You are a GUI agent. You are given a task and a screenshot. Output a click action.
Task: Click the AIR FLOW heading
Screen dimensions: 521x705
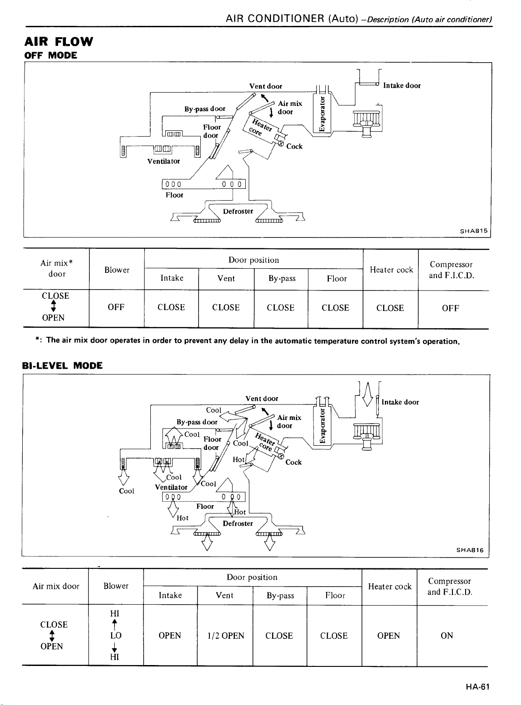click(x=59, y=41)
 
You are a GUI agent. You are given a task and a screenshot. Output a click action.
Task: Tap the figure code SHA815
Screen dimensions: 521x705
click(x=473, y=231)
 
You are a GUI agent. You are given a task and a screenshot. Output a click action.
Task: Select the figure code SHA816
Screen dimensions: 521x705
click(x=470, y=550)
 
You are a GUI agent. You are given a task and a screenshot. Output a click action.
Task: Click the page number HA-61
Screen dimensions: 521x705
click(x=477, y=687)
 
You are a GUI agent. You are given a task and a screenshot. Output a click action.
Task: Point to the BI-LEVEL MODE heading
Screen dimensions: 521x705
click(x=62, y=365)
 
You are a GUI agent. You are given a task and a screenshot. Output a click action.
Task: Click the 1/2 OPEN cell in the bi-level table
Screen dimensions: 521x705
click(x=225, y=636)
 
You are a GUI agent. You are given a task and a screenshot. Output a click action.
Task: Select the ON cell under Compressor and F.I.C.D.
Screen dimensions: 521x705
click(x=447, y=636)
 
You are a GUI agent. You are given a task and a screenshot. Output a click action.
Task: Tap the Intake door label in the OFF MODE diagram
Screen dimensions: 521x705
click(x=402, y=85)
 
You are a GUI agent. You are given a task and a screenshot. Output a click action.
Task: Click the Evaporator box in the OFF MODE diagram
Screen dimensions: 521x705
click(x=322, y=113)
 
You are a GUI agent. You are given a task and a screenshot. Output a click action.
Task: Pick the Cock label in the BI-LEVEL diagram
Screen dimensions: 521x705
click(x=293, y=462)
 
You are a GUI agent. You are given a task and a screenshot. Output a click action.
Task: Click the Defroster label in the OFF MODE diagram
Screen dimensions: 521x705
click(x=238, y=212)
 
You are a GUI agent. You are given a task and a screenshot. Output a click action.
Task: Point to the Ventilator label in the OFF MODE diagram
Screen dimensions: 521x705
click(x=164, y=161)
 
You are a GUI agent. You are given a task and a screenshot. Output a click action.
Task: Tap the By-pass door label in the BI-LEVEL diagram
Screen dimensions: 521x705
click(x=197, y=422)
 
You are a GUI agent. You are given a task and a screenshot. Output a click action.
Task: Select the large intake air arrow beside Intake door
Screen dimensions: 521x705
click(x=367, y=394)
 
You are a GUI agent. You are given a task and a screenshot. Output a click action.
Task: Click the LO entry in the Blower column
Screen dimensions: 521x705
click(x=116, y=636)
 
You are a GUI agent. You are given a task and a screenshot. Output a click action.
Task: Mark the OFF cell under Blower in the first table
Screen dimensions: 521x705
click(x=116, y=307)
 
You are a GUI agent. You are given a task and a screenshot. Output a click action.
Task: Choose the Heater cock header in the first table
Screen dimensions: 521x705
click(x=391, y=270)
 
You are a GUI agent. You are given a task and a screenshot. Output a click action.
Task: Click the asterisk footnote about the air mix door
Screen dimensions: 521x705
click(x=248, y=341)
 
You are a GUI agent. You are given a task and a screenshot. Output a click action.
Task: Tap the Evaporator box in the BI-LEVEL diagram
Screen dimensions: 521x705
click(x=322, y=426)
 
